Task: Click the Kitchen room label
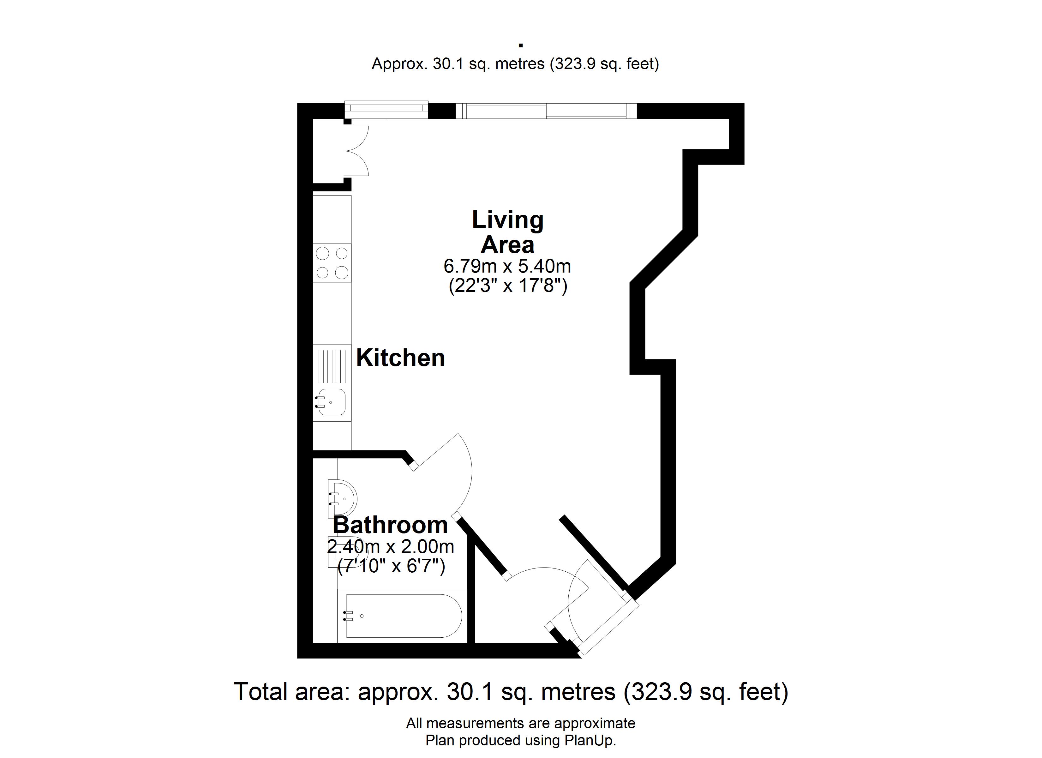click(x=400, y=358)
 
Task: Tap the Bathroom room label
click(x=390, y=525)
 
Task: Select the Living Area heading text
click(x=508, y=232)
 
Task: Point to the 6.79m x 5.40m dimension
click(x=507, y=266)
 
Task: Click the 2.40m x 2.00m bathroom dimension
click(x=391, y=547)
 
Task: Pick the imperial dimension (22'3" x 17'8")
click(x=508, y=286)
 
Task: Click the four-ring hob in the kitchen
click(x=332, y=263)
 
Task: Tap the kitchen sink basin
click(x=331, y=402)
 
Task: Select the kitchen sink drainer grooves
click(x=332, y=366)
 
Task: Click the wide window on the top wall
click(x=546, y=111)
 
